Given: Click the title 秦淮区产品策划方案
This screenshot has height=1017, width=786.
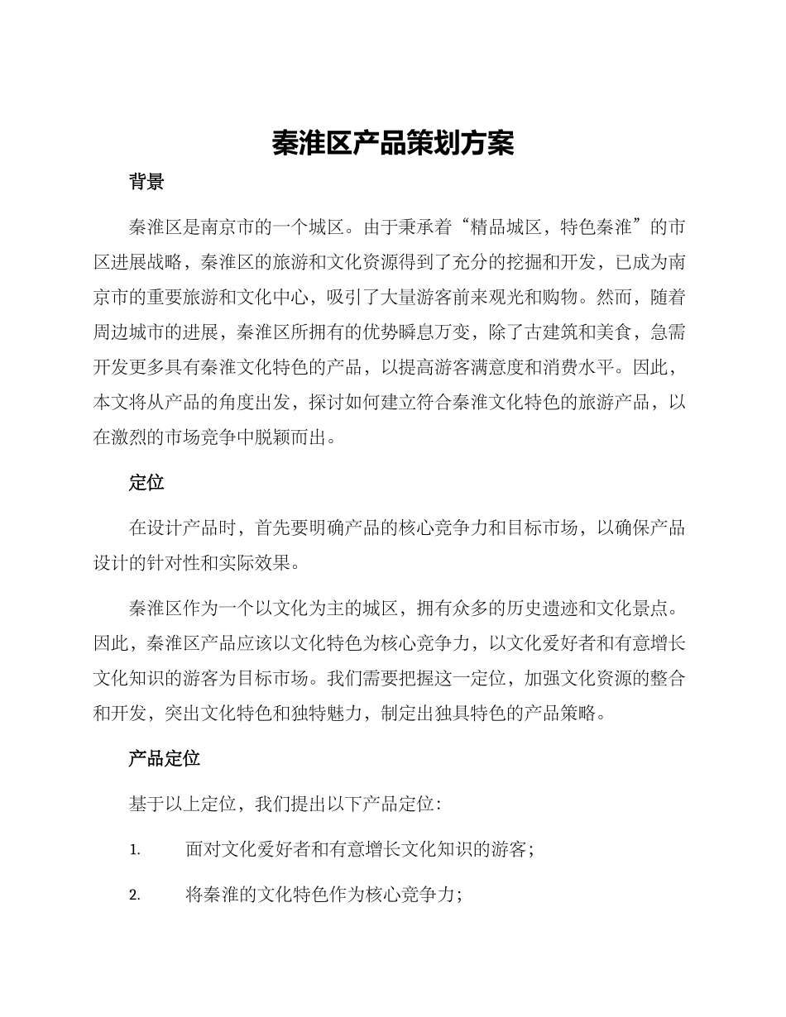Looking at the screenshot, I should [x=393, y=143].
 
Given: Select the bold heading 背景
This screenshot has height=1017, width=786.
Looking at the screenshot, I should [x=146, y=182].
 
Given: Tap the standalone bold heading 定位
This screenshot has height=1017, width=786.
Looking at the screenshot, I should [x=146, y=483].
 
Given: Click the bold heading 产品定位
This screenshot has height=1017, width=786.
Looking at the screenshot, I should [x=164, y=757].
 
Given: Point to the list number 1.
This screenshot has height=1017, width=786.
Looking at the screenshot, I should [x=135, y=849].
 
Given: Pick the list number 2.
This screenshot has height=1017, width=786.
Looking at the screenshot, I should [x=135, y=895].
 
